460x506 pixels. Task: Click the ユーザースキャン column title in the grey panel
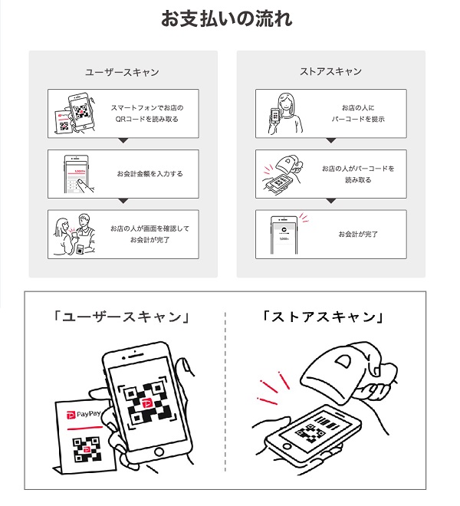point(122,72)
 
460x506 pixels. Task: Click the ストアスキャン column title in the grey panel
point(330,72)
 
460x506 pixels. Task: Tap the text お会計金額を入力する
point(150,174)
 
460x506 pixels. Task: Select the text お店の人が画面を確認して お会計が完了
point(149,235)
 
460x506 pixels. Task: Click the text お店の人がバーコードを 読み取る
point(358,173)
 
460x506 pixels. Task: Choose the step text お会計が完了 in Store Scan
point(358,235)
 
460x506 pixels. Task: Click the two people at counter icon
point(74,234)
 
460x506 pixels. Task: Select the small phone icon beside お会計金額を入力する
point(74,174)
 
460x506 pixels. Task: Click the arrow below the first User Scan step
point(123,142)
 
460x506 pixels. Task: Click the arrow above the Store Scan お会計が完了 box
point(330,202)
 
